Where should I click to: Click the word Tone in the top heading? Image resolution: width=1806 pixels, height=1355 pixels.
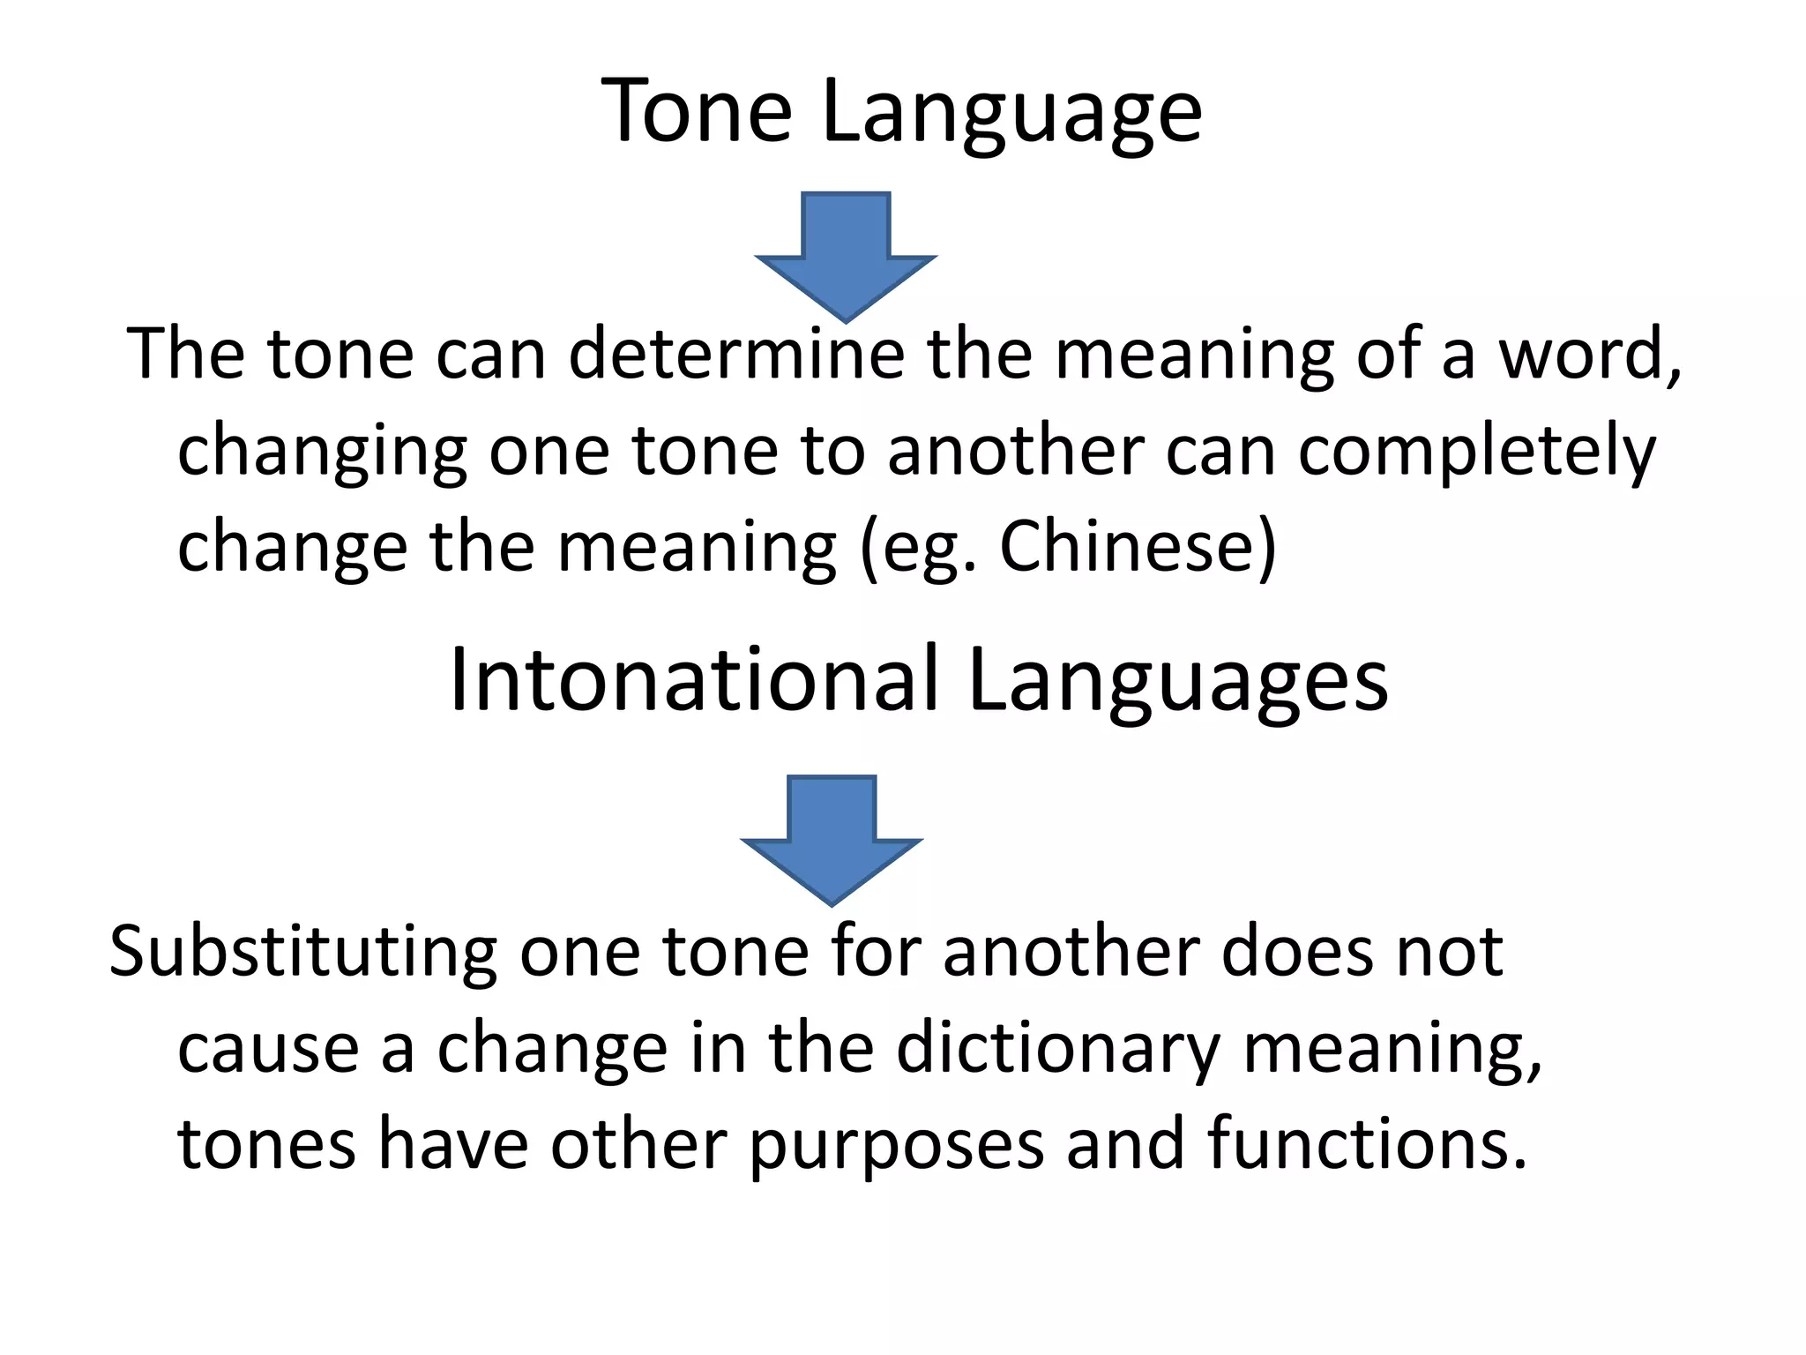point(697,110)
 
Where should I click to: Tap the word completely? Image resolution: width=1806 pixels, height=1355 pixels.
point(1477,453)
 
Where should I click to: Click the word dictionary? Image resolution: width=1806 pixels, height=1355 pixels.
point(1058,1049)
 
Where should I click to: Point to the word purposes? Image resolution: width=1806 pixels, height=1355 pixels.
point(897,1146)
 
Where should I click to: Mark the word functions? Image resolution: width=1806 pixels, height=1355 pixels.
point(1366,1144)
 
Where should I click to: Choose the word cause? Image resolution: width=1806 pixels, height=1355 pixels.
point(268,1050)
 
